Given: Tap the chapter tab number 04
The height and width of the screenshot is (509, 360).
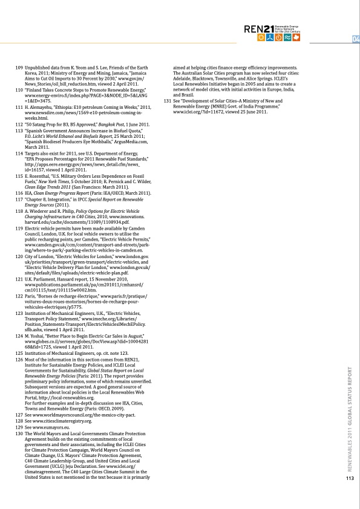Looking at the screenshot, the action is [x=355, y=40].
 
